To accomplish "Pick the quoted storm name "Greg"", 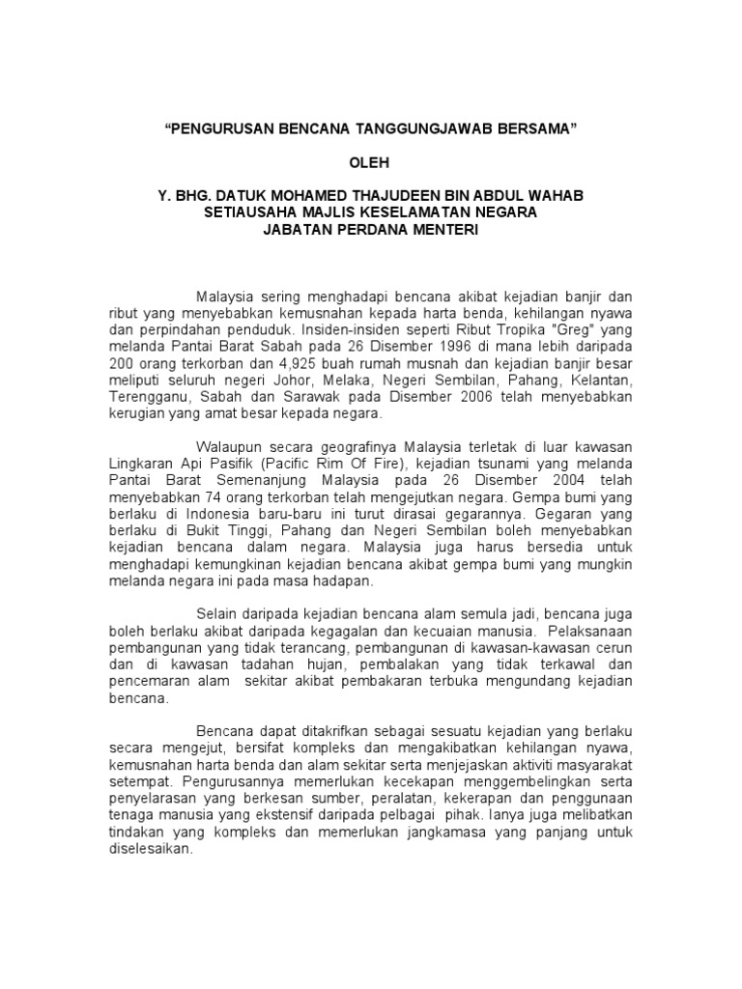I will [573, 328].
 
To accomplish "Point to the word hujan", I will [328, 665].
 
